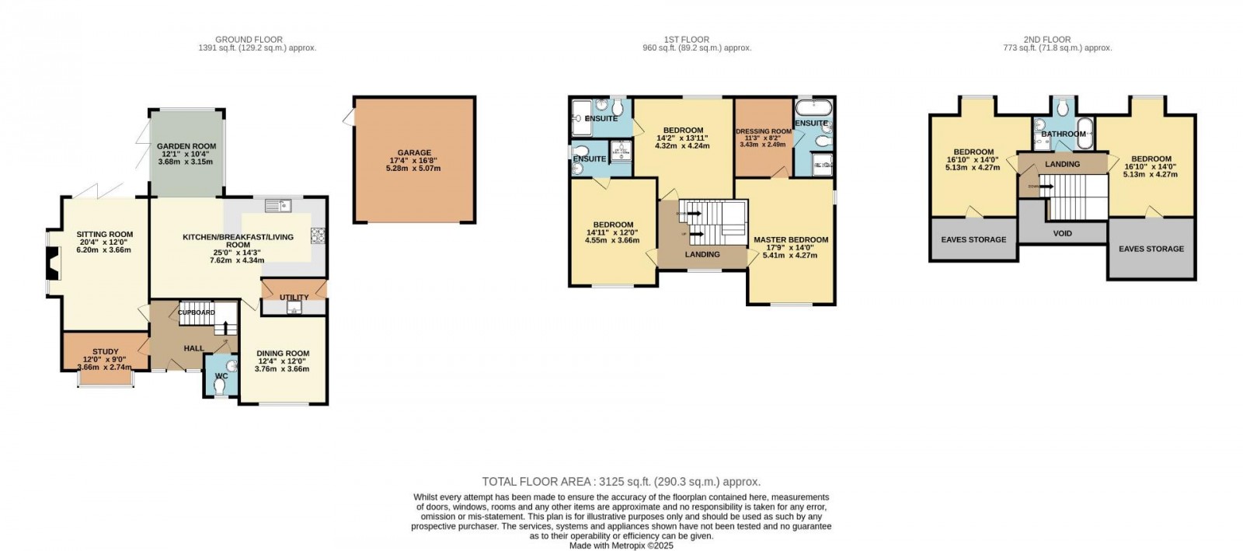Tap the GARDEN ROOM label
[x=186, y=146]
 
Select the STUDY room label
[x=106, y=352]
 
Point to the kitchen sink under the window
[x=277, y=205]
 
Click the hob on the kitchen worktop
[x=319, y=235]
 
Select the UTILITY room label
[x=294, y=297]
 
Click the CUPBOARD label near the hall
[x=197, y=312]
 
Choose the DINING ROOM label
[x=283, y=354]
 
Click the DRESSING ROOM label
[x=764, y=131]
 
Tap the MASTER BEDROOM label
[x=791, y=240]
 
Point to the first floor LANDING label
[x=702, y=254]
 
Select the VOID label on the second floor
[x=1062, y=233]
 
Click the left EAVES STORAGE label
[x=973, y=239]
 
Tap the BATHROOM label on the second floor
[x=1063, y=134]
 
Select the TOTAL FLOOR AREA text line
[x=621, y=482]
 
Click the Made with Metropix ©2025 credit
[x=621, y=546]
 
